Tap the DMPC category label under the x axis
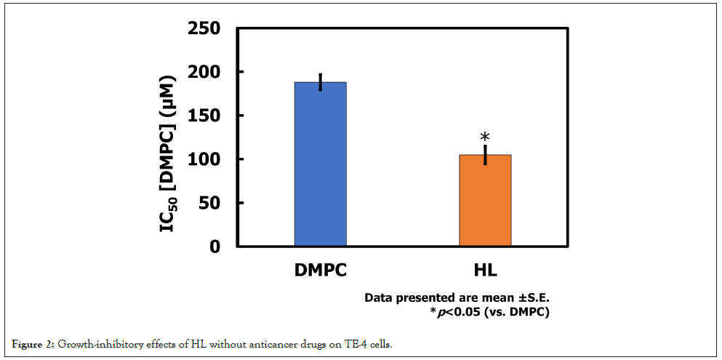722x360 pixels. tap(320, 271)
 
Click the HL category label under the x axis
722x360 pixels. tap(485, 271)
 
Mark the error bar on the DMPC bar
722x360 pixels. tap(321, 82)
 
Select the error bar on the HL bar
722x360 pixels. tap(485, 155)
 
